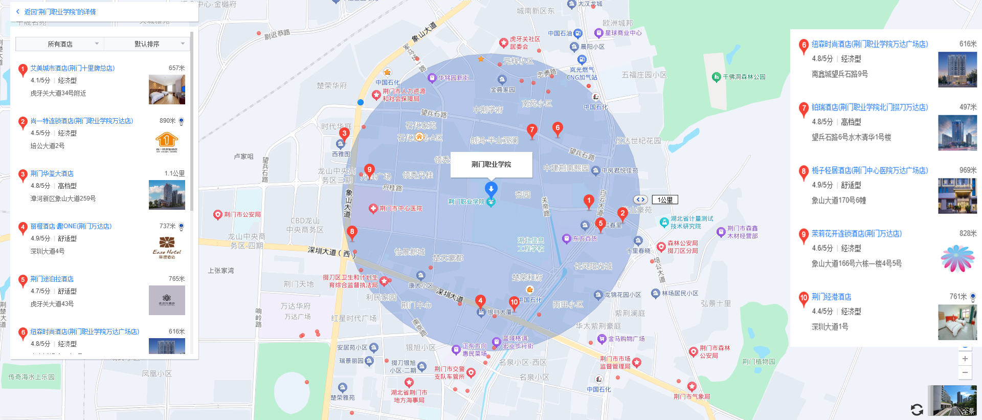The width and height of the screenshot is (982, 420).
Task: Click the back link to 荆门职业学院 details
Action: coord(59,12)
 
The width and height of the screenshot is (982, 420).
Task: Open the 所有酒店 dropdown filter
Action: coord(60,44)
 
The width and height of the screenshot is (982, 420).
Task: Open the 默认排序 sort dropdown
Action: coord(147,44)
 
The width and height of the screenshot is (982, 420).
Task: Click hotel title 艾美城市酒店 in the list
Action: coord(72,68)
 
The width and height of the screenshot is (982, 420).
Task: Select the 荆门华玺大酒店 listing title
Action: coord(52,174)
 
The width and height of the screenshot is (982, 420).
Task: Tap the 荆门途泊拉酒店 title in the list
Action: coord(52,279)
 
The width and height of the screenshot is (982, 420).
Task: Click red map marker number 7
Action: coord(532,130)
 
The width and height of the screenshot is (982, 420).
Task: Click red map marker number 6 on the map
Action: coord(557,128)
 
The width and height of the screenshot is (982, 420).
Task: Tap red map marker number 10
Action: coord(514,303)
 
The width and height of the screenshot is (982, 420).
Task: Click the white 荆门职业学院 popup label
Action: coord(491,164)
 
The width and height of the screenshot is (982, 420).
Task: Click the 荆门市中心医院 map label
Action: coord(400,209)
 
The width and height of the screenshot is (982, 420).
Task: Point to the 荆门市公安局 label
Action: coord(242,215)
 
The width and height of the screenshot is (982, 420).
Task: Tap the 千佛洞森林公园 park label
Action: coord(744,77)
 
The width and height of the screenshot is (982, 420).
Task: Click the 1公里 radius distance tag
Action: coord(665,200)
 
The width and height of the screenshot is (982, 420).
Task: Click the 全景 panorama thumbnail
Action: coord(954,400)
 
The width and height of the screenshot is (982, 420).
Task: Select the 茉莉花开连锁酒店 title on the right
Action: coord(856,234)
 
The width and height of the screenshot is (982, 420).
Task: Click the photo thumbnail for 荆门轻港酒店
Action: coord(957,322)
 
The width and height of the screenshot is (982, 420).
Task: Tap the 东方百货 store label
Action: coord(585,239)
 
